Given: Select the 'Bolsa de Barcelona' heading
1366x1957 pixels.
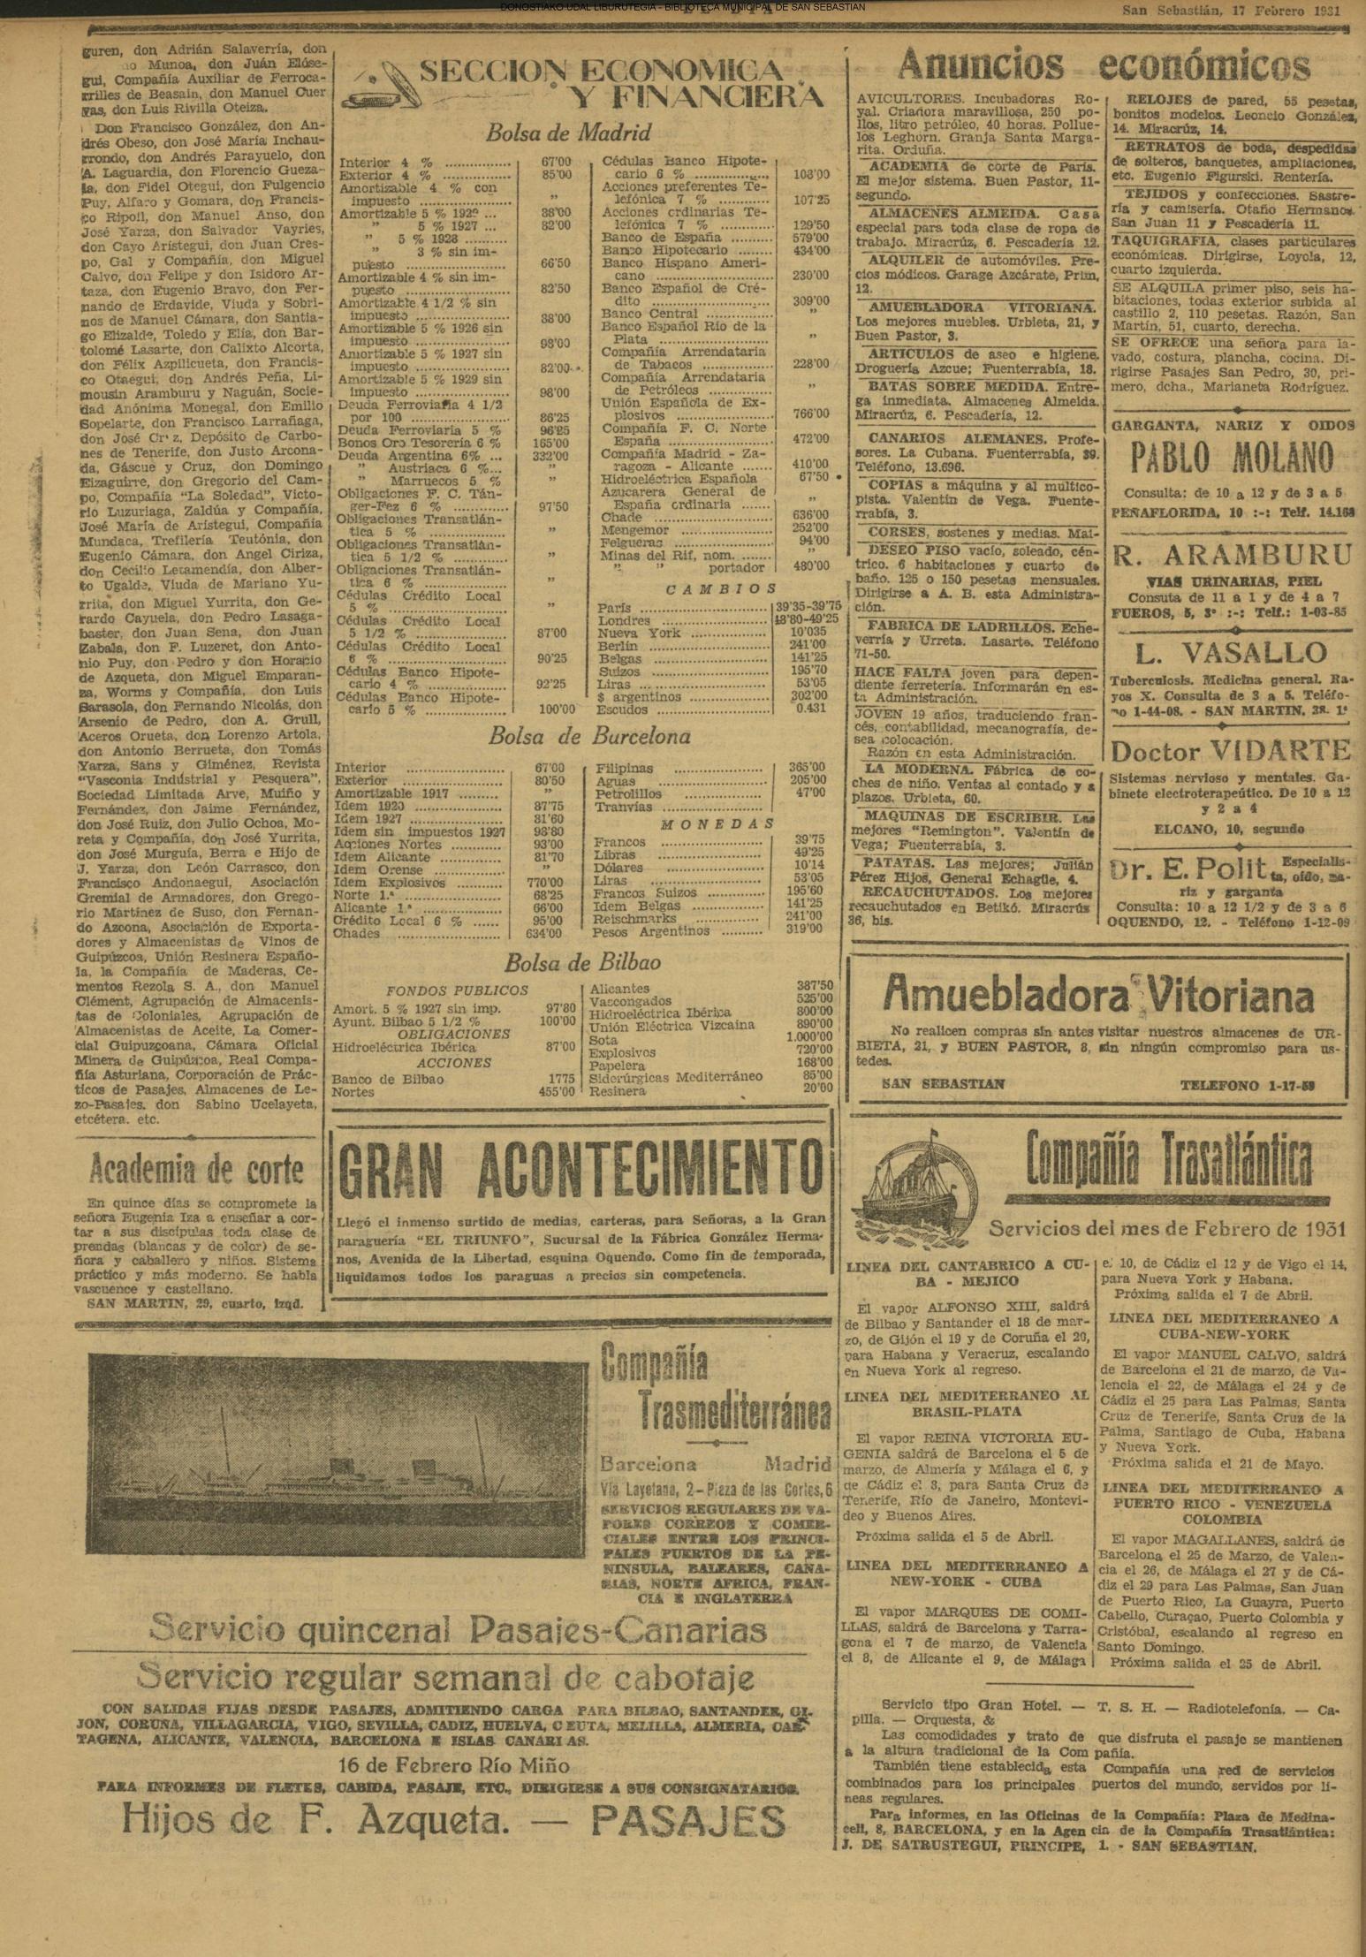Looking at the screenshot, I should [589, 736].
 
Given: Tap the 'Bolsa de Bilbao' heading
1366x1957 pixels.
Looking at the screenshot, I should [582, 962].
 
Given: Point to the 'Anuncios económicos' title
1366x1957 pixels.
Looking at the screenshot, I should [1103, 65].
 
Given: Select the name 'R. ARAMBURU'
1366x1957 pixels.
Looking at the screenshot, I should [1232, 555].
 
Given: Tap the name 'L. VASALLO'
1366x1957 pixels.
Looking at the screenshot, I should [1231, 653].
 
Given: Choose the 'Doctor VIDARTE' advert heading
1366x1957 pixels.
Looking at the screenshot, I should [1230, 751].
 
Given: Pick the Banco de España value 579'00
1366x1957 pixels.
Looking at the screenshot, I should [810, 238].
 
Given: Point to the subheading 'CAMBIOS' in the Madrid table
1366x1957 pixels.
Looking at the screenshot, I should [721, 588].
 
